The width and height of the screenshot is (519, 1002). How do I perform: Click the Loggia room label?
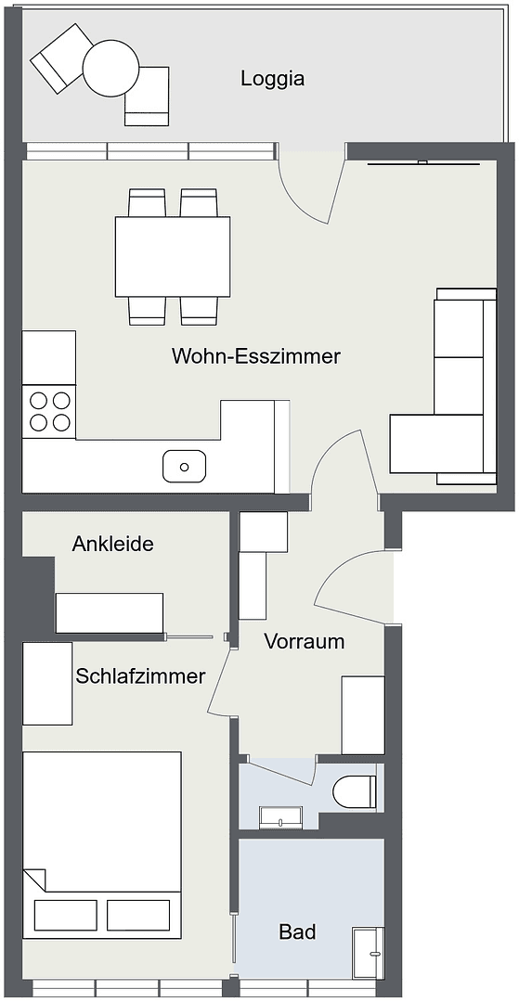(272, 79)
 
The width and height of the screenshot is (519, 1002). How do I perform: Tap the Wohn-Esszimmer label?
(256, 356)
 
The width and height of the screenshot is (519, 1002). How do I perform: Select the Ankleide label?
(112, 544)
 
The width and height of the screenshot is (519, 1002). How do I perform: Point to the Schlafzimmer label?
(140, 676)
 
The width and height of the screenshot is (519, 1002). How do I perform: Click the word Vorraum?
(304, 641)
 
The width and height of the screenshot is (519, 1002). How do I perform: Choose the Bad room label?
(297, 931)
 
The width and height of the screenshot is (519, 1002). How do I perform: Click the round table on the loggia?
(110, 68)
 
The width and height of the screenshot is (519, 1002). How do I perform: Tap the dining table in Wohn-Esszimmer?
(173, 255)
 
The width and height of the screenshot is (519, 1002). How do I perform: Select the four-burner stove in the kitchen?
(50, 411)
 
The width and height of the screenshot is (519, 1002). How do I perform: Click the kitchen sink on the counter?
(184, 465)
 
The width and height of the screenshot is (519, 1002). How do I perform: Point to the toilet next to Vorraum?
(356, 791)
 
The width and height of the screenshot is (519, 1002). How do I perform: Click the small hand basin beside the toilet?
(280, 817)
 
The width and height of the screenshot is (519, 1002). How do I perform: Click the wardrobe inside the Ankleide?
(110, 613)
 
